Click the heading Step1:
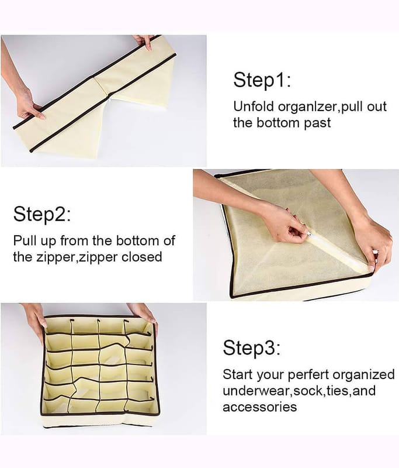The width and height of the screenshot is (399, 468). coord(262,80)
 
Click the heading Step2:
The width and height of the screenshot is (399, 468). coord(42,214)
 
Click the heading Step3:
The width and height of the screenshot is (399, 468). coord(252,347)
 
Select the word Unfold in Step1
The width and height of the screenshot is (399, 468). coord(254,106)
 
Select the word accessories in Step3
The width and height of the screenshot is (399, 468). coord(259,407)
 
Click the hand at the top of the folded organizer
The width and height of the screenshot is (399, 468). coord(144,41)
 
